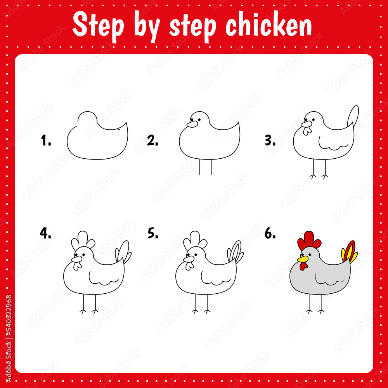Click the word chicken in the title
tap(269, 26)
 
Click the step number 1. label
tap(46, 141)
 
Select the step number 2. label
tap(152, 141)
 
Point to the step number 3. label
tap(270, 141)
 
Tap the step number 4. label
tap(45, 233)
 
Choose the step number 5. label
tap(153, 233)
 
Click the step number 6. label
tap(270, 233)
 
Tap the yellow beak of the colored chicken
tap(302, 259)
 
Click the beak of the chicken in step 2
tap(192, 124)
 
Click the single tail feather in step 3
tap(353, 115)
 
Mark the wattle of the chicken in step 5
tap(189, 266)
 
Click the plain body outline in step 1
tap(97, 140)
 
